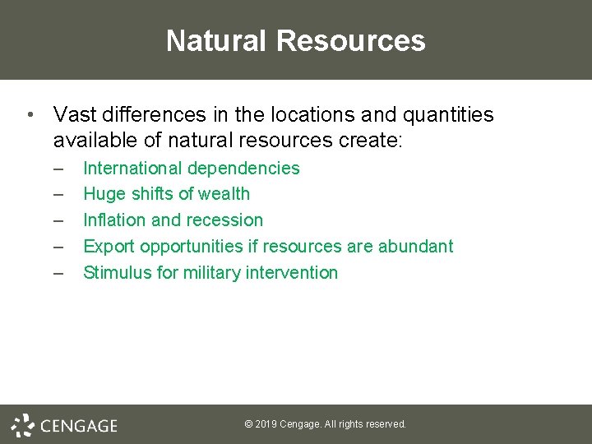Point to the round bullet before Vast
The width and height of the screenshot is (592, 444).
coord(30,114)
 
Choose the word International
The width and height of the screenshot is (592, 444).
coord(133,168)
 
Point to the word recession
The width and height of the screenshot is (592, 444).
coord(226,220)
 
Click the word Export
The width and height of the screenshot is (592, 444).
coord(109,247)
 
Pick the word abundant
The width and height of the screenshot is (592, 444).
coord(415,247)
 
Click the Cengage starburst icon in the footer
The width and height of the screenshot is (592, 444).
coord(23,425)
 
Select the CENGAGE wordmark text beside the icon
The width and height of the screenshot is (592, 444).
coord(79,426)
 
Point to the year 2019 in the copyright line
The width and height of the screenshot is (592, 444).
coord(266,424)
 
